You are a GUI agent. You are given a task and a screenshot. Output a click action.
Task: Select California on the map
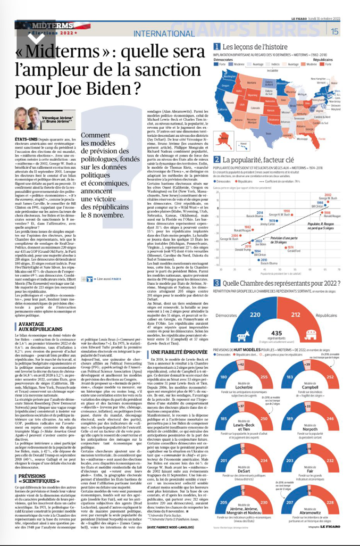[220, 104]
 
